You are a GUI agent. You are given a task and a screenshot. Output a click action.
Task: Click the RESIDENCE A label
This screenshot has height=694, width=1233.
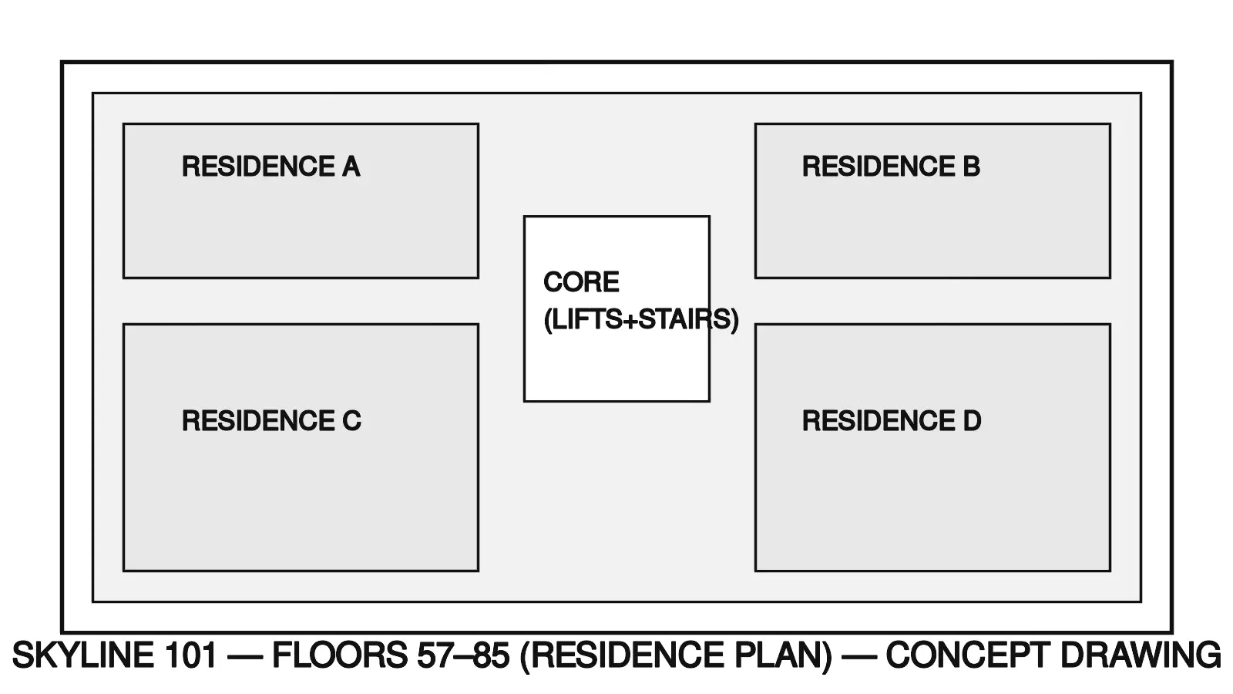coord(270,167)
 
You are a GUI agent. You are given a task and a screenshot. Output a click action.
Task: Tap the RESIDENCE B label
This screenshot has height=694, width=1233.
coord(891,167)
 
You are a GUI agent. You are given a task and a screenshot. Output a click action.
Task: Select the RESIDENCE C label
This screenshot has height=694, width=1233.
coord(271,421)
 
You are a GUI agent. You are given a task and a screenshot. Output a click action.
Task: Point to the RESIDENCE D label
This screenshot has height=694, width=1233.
coord(892,421)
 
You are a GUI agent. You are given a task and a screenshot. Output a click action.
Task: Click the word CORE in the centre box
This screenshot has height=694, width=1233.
coord(581,282)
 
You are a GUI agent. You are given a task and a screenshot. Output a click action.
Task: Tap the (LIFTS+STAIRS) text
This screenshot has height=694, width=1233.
coord(641,319)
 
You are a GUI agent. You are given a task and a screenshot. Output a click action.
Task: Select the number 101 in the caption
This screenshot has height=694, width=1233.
coord(190,655)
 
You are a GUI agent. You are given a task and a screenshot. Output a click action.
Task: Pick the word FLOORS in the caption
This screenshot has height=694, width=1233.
coord(339,655)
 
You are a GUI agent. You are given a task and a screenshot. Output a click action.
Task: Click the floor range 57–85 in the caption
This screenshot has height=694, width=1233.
coord(463,655)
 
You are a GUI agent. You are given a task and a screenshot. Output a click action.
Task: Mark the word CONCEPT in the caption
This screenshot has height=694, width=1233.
coord(967,655)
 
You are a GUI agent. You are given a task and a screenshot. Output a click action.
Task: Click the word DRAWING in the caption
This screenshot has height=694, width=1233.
coord(1141,655)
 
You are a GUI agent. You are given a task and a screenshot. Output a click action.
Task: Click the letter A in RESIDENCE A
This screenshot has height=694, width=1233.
coord(351,167)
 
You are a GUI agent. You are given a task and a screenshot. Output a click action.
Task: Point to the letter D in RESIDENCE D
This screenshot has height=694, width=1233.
coord(972,421)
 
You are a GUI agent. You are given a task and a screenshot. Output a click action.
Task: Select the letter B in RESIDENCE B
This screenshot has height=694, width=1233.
coord(971,167)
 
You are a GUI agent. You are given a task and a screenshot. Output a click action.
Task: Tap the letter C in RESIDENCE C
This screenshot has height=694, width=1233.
coord(351,421)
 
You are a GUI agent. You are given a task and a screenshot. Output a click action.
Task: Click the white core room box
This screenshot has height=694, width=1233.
coord(616,362)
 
